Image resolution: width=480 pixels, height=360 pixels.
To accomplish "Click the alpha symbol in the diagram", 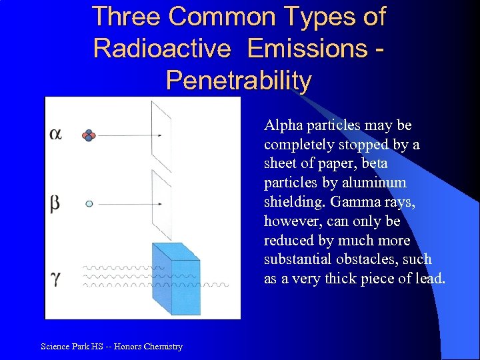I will click(56, 134).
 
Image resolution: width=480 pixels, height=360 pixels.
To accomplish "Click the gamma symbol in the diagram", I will click(55, 277).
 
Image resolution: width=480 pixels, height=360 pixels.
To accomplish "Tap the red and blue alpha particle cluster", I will click(89, 135).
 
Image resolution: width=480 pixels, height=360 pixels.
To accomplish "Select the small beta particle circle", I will click(89, 204).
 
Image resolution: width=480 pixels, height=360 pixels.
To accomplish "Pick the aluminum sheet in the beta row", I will click(161, 200).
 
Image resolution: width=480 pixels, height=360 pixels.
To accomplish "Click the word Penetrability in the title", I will click(238, 81).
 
